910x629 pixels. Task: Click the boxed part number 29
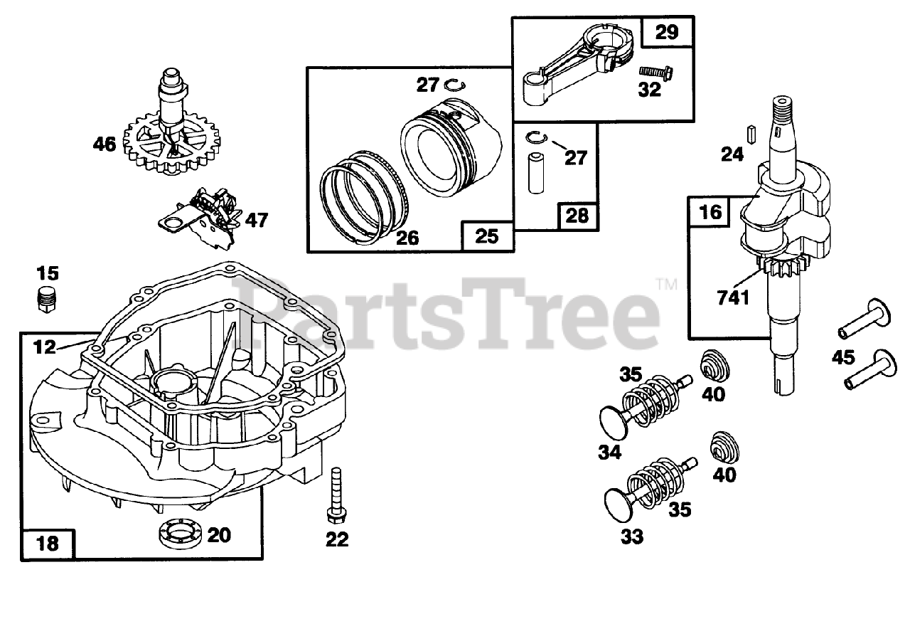[667, 32]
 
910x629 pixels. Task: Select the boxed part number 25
[487, 236]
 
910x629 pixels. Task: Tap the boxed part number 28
[577, 215]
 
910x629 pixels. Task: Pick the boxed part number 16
[710, 212]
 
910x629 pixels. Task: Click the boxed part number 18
[47, 544]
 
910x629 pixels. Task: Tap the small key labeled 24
[749, 133]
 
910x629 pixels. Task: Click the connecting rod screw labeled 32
[655, 72]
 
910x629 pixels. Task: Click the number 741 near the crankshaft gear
[733, 297]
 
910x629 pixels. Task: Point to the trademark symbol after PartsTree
[667, 284]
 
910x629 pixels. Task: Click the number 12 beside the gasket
[45, 347]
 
